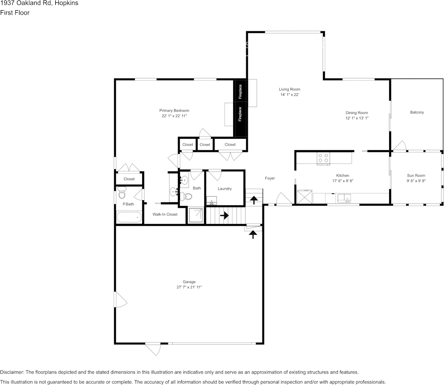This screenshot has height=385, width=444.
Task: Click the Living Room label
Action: (x=289, y=89)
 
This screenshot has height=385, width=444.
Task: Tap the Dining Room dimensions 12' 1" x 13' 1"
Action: (x=357, y=118)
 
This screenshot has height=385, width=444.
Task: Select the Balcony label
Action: (x=417, y=112)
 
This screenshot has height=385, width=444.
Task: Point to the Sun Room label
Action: (x=416, y=175)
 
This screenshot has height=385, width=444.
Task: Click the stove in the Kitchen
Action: (x=323, y=158)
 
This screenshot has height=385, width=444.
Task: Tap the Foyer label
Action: (x=270, y=178)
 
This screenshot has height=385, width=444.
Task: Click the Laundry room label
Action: (x=225, y=188)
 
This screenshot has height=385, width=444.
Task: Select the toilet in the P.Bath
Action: (x=122, y=192)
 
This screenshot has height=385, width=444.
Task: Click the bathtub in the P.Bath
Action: (x=129, y=217)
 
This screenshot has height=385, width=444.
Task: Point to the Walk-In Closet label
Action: (x=165, y=214)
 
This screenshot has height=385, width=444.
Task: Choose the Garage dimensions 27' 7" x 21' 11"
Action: (x=186, y=287)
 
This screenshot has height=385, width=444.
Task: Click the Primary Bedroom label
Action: (x=174, y=110)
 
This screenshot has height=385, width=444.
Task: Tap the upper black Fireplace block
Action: (x=240, y=92)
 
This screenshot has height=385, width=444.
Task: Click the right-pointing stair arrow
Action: (x=224, y=215)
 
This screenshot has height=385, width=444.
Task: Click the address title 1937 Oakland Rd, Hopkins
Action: (x=39, y=3)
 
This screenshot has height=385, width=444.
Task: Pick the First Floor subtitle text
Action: (x=15, y=13)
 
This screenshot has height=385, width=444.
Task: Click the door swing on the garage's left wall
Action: (x=121, y=302)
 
